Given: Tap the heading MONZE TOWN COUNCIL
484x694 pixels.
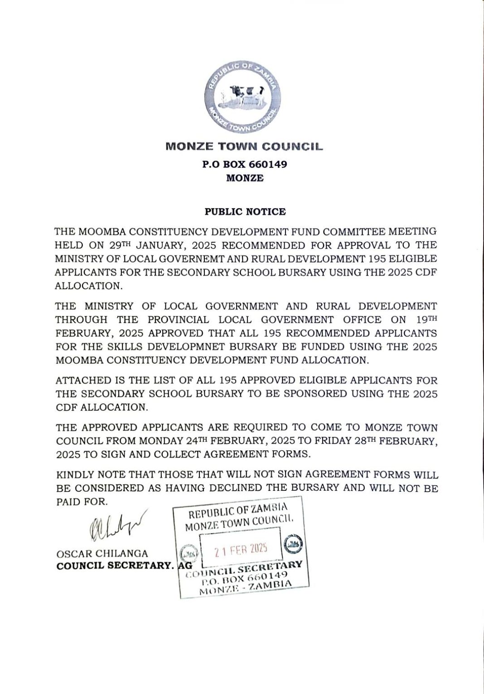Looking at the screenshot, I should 244,147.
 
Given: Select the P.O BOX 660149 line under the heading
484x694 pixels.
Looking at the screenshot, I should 244,164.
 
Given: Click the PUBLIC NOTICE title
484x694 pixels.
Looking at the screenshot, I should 245,212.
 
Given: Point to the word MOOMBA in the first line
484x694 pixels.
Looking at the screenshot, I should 102,232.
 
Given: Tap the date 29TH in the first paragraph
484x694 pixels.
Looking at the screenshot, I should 119,245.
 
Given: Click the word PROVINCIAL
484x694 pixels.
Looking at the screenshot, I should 178,320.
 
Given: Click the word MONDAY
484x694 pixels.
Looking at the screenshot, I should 161,441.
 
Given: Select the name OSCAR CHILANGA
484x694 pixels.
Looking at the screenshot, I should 102,554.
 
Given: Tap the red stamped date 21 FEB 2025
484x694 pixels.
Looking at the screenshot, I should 241,550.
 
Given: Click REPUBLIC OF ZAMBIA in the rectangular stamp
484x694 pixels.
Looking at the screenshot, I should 238,511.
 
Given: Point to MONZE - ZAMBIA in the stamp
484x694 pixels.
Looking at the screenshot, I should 246,587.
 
